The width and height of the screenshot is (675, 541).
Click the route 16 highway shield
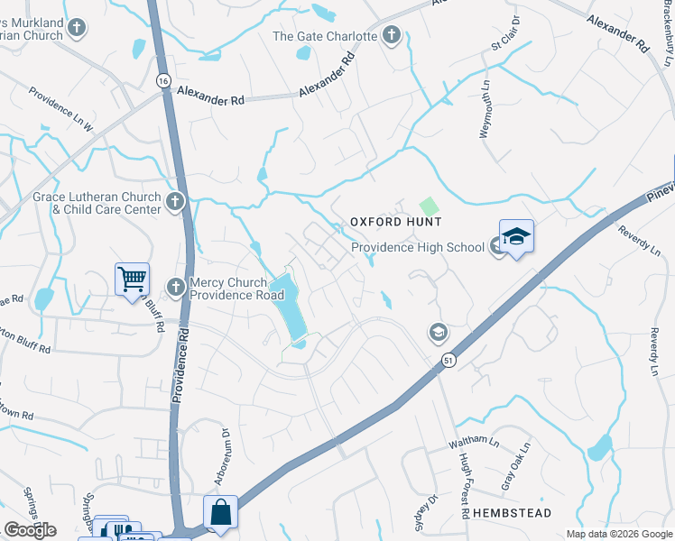coord(162,81)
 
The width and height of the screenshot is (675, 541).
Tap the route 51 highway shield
coord(448,361)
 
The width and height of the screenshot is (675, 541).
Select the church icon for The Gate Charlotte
coord(391,35)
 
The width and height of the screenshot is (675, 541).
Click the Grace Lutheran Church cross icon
coord(175,200)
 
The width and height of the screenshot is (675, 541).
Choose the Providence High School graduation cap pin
coord(516,239)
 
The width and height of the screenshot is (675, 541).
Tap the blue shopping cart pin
coord(131,279)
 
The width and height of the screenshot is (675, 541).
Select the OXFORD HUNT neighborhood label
coord(395,222)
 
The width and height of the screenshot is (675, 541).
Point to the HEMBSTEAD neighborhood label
coord(512,512)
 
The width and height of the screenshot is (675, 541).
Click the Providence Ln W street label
coord(60,109)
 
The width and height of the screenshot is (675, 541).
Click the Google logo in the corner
coord(31,529)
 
